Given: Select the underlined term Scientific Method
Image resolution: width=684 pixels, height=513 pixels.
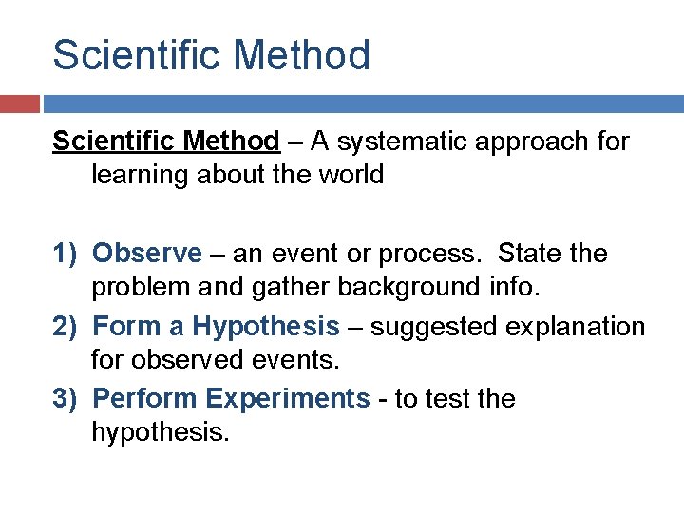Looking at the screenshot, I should [x=166, y=142].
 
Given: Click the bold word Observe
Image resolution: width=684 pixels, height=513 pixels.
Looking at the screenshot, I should [x=147, y=254].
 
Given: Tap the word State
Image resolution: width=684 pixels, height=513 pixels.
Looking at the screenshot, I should [x=530, y=254].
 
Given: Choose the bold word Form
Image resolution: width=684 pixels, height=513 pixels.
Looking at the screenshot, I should [x=125, y=327].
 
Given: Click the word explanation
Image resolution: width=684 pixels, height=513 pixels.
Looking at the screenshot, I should [x=580, y=327].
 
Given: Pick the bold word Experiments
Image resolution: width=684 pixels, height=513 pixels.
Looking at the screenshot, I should [x=287, y=399].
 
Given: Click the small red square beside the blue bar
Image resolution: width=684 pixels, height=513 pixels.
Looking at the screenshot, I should [x=19, y=103].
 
